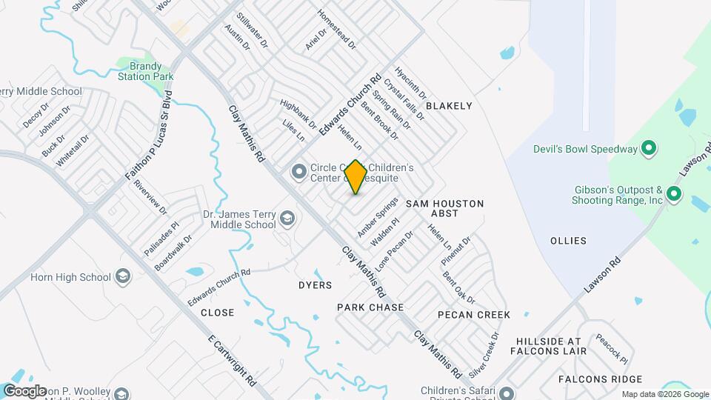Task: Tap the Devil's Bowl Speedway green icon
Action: click(649, 149)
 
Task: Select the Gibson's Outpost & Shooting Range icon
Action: click(673, 195)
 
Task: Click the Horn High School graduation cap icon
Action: click(123, 278)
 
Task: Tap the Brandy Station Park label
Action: click(140, 71)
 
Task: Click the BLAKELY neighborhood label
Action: click(449, 106)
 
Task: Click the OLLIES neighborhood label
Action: click(569, 241)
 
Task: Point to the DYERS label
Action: click(315, 285)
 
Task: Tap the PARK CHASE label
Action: click(370, 307)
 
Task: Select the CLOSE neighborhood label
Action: click(217, 313)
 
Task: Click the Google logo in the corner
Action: click(24, 390)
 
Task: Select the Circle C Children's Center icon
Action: click(299, 173)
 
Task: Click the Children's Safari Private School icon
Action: click(507, 393)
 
